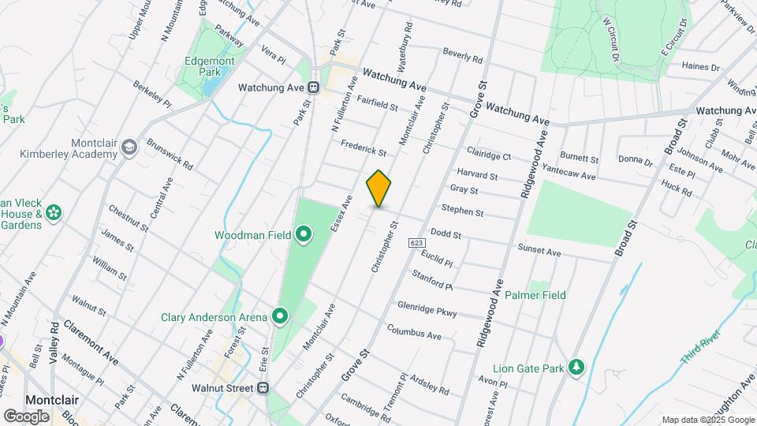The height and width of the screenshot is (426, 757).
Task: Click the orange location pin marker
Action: (x=378, y=189)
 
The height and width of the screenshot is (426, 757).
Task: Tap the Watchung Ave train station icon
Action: (x=314, y=87)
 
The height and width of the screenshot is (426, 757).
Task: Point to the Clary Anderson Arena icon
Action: (x=280, y=317)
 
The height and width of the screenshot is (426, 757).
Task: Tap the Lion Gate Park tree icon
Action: (x=578, y=368)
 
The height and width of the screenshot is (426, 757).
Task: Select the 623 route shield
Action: (x=417, y=243)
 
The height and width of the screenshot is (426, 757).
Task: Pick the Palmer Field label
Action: (x=535, y=295)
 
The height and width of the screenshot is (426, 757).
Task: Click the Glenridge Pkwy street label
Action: (x=427, y=308)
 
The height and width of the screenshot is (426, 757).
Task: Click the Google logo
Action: (x=26, y=416)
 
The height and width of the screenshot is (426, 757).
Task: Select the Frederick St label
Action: (x=364, y=148)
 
